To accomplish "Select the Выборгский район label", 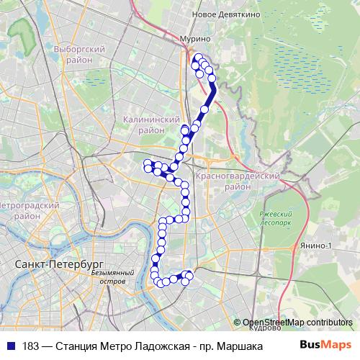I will coord(74,55).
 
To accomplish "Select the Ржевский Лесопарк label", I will coord(276,218).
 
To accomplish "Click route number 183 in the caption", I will coord(32,346).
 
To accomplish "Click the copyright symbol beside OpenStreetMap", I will coord(238,322).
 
